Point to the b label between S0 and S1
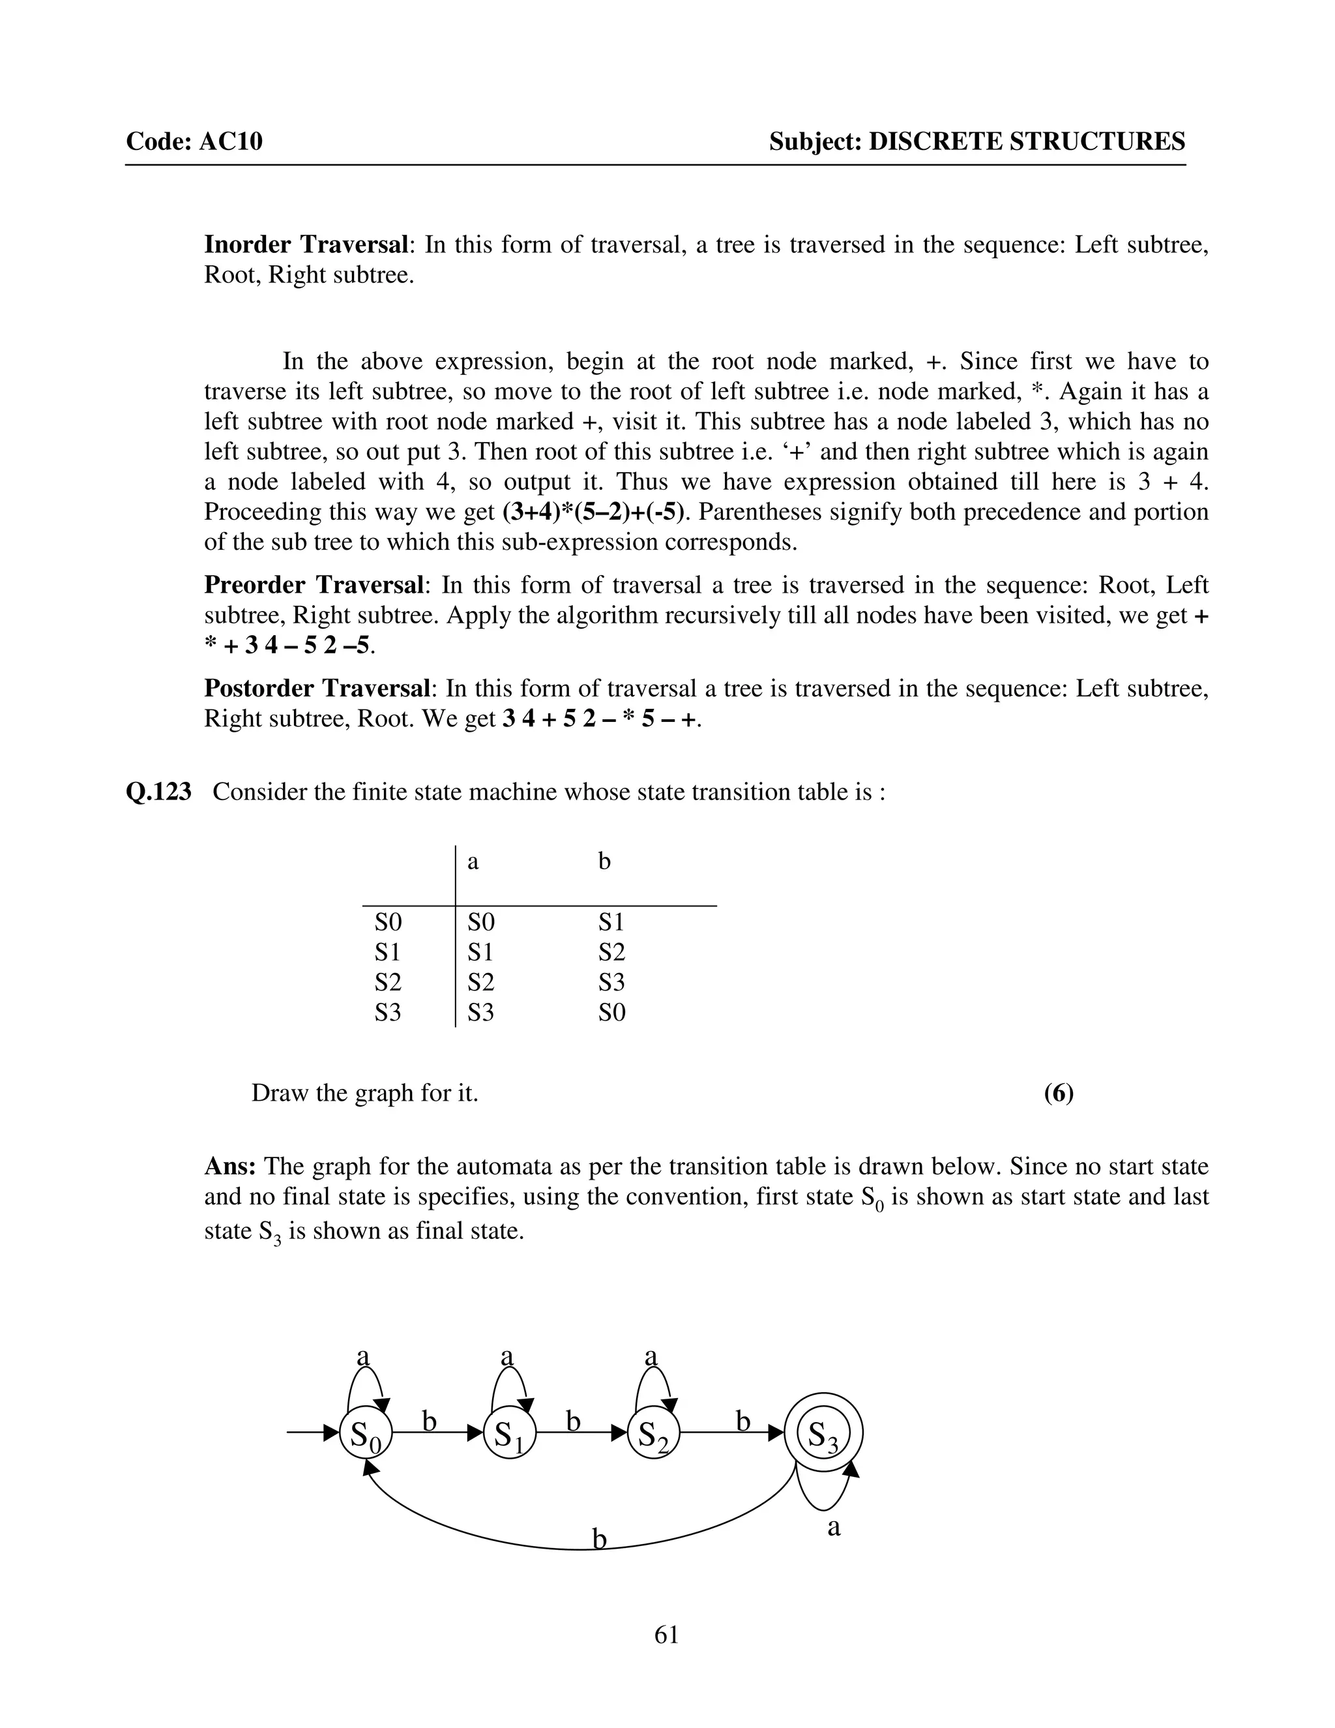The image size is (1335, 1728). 429,1421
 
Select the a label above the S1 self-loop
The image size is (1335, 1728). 507,1356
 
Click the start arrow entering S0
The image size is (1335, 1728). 312,1432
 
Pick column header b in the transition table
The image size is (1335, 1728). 604,861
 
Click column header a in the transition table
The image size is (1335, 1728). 473,861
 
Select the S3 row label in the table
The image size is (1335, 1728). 388,1012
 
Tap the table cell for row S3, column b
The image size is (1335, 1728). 611,1012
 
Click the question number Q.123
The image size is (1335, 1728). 158,792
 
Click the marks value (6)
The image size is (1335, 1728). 1058,1093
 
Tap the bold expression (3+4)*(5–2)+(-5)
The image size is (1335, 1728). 593,512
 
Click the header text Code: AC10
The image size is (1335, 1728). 194,142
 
